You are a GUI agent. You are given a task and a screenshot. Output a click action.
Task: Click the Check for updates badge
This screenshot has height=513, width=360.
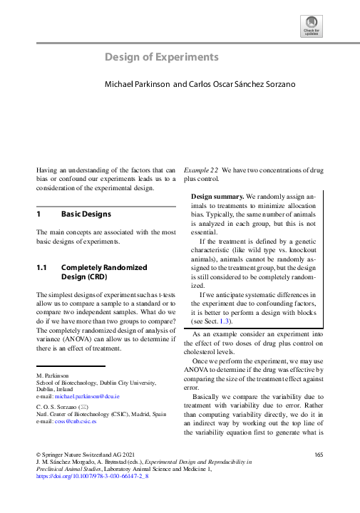click(x=312, y=27)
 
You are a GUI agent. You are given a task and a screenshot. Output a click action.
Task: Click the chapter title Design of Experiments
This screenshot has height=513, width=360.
click(x=162, y=57)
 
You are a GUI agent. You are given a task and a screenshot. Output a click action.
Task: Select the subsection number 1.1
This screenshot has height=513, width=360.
click(x=41, y=268)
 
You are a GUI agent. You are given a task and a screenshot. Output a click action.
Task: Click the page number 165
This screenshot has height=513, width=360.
click(x=319, y=454)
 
